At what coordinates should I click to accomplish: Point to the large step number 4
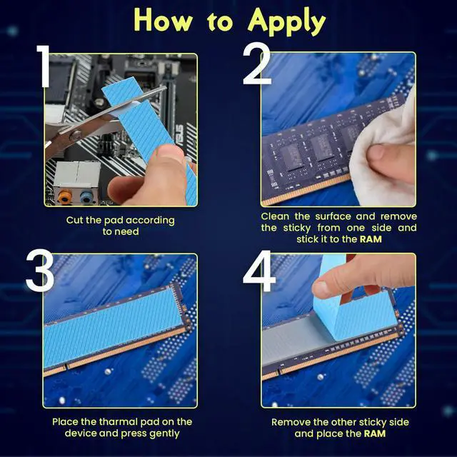pos(258,272)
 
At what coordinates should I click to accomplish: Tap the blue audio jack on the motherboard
pos(86,194)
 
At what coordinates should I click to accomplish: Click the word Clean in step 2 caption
pos(276,216)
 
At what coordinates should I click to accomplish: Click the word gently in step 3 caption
pos(162,433)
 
